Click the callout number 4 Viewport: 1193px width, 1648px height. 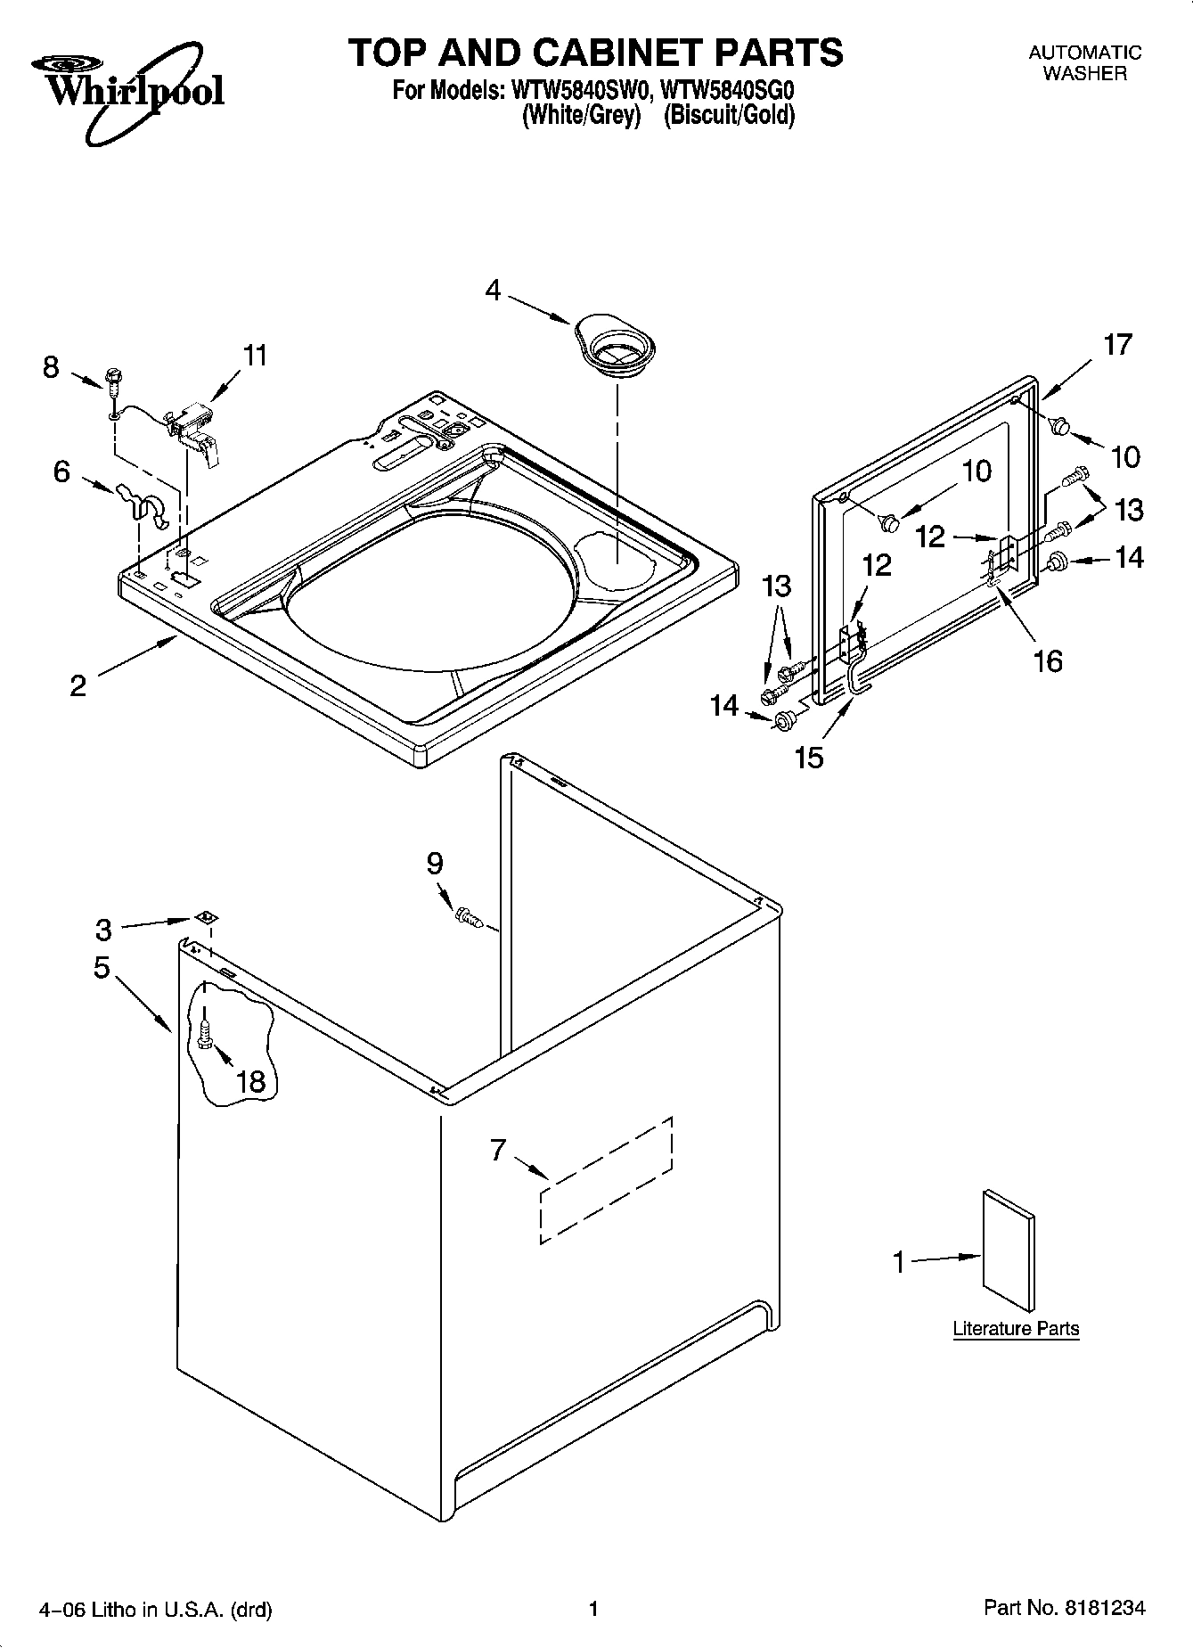coord(494,290)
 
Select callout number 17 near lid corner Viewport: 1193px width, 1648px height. coord(1117,344)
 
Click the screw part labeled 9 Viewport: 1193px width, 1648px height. coord(470,916)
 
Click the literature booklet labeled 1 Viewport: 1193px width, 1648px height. coord(1009,1250)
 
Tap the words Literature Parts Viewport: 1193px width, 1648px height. coord(1016,1328)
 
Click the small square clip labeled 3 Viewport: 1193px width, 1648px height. coord(205,918)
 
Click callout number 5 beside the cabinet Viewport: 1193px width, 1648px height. coord(102,967)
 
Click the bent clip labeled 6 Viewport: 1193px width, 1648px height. coord(143,504)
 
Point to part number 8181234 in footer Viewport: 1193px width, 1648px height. coord(1104,1608)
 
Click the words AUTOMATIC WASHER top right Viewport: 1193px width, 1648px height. coord(1084,63)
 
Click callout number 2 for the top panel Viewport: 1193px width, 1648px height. coord(78,685)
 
